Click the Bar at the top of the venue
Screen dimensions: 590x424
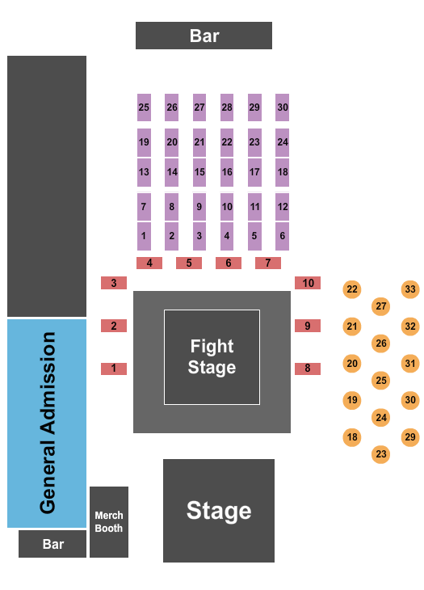pos(204,36)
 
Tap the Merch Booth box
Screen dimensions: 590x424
pos(109,521)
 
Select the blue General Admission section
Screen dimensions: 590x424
pos(47,423)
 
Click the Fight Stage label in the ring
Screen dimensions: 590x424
pos(212,356)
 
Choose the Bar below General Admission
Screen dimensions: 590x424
pos(52,544)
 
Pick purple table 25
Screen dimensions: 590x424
pos(144,107)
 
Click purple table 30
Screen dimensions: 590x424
pos(282,107)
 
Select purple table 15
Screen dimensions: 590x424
pos(199,172)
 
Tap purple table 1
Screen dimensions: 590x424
pos(144,236)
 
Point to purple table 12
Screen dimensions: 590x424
pos(282,207)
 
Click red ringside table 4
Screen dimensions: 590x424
pos(149,263)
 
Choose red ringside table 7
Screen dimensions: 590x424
pos(267,263)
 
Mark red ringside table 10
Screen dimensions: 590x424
pos(308,283)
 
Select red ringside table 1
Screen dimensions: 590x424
pos(114,369)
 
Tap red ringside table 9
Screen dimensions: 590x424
pos(308,326)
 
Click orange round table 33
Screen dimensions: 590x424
pos(410,289)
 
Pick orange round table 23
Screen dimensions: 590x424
pos(381,454)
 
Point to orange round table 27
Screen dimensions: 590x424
pos(381,306)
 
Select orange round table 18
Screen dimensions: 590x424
pos(351,437)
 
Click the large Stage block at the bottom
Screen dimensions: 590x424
pos(219,511)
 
